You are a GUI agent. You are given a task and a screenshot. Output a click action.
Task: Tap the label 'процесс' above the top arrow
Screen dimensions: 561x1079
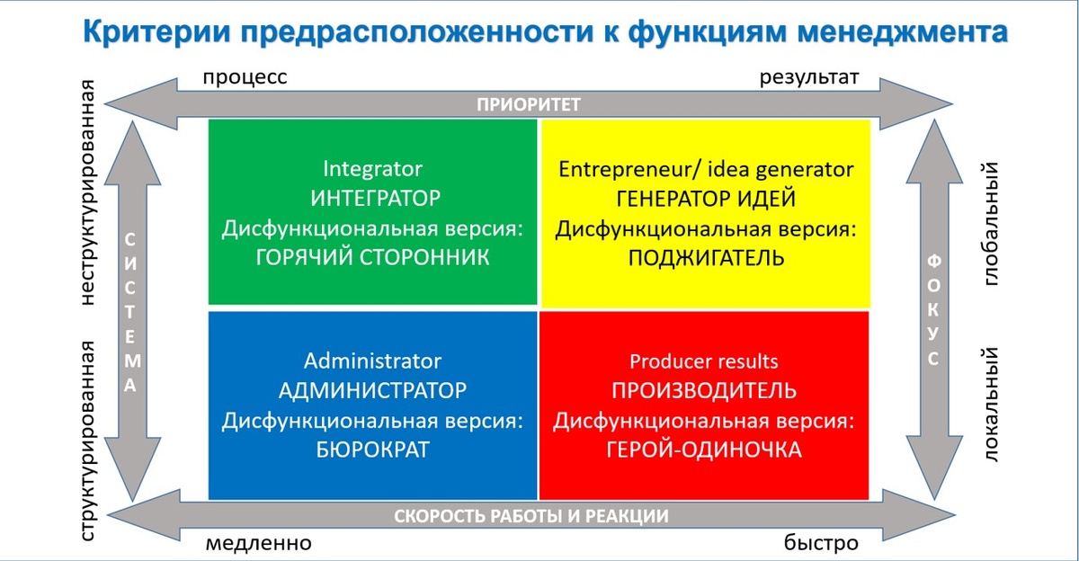(245, 77)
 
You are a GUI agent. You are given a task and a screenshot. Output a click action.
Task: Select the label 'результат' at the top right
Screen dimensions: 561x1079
(810, 77)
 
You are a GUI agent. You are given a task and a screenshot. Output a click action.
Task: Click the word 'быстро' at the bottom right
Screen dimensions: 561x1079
(821, 544)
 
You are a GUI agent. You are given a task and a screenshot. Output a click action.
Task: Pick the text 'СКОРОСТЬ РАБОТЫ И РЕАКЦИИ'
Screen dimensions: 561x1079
(531, 516)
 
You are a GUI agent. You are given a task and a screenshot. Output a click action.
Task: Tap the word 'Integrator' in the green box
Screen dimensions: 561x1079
(372, 169)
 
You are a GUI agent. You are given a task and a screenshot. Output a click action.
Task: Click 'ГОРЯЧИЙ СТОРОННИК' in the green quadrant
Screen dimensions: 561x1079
(372, 258)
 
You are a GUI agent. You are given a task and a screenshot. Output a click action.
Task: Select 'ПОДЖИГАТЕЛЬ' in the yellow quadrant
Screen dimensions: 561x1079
(706, 258)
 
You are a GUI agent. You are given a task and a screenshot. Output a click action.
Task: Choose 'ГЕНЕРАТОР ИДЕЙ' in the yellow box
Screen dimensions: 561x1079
(706, 199)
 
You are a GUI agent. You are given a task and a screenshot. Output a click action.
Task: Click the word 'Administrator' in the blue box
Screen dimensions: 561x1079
(372, 361)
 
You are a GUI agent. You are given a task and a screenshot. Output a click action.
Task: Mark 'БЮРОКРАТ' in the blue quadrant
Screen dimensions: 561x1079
(372, 450)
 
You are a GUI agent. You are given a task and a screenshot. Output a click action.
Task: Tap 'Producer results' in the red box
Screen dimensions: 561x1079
(703, 362)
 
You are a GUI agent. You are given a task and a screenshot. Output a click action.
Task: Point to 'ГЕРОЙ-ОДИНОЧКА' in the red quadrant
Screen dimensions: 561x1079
(703, 450)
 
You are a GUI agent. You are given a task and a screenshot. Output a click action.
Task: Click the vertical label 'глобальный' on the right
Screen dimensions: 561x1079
(992, 224)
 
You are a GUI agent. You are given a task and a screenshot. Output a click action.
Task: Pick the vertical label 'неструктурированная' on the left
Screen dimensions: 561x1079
(88, 192)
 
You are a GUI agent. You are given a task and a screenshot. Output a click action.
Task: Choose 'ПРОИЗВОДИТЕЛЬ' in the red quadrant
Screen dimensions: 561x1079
(703, 391)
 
